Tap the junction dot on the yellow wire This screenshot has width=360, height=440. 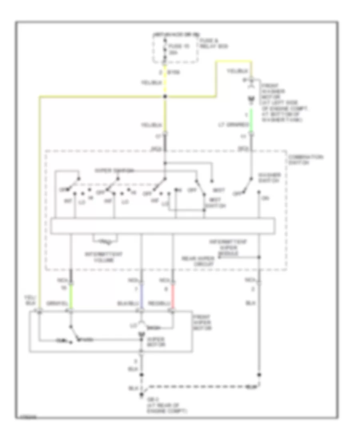coord(165,96)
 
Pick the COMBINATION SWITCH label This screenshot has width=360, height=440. coord(305,160)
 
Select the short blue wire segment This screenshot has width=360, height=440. coord(142,296)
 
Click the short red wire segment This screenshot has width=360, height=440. coord(173,296)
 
